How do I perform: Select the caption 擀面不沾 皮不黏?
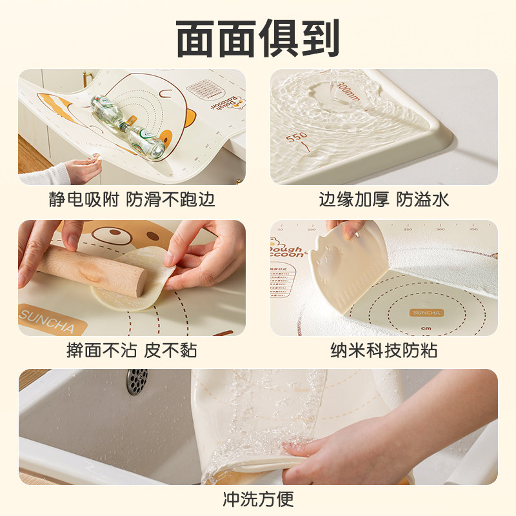[x=132, y=351]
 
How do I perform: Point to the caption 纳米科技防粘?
[x=384, y=351]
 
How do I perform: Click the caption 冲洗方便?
[x=257, y=498]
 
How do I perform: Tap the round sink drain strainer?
[x=137, y=382]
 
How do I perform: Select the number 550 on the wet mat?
[x=297, y=138]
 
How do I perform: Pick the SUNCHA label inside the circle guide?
[x=426, y=312]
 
